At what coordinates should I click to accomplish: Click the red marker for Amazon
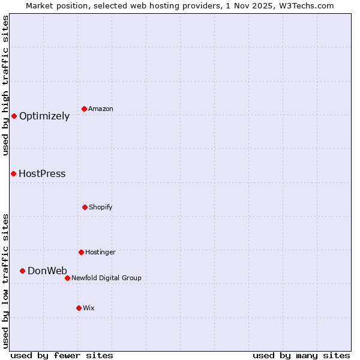[x=84, y=109]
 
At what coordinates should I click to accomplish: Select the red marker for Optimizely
[x=14, y=116]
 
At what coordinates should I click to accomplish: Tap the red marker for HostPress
[x=13, y=173]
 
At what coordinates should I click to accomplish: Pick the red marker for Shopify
[x=85, y=207]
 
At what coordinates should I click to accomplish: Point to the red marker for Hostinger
[x=81, y=252]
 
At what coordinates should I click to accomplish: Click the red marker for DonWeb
[x=22, y=271]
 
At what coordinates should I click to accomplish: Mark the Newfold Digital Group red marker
[x=67, y=278]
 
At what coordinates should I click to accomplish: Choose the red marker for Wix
[x=79, y=308]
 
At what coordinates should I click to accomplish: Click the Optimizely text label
[x=44, y=116]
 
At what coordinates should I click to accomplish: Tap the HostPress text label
[x=42, y=174]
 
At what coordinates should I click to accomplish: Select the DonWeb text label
[x=47, y=271]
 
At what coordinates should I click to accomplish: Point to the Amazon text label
[x=101, y=109]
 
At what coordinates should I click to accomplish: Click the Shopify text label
[x=101, y=208]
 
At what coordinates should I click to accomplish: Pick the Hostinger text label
[x=100, y=253]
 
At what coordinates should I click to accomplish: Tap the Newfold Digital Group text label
[x=106, y=278]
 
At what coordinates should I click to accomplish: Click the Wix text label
[x=89, y=308]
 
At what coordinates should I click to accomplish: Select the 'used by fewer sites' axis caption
[x=62, y=355]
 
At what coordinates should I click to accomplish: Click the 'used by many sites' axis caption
[x=301, y=355]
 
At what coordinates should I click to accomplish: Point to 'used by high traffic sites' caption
[x=5, y=85]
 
